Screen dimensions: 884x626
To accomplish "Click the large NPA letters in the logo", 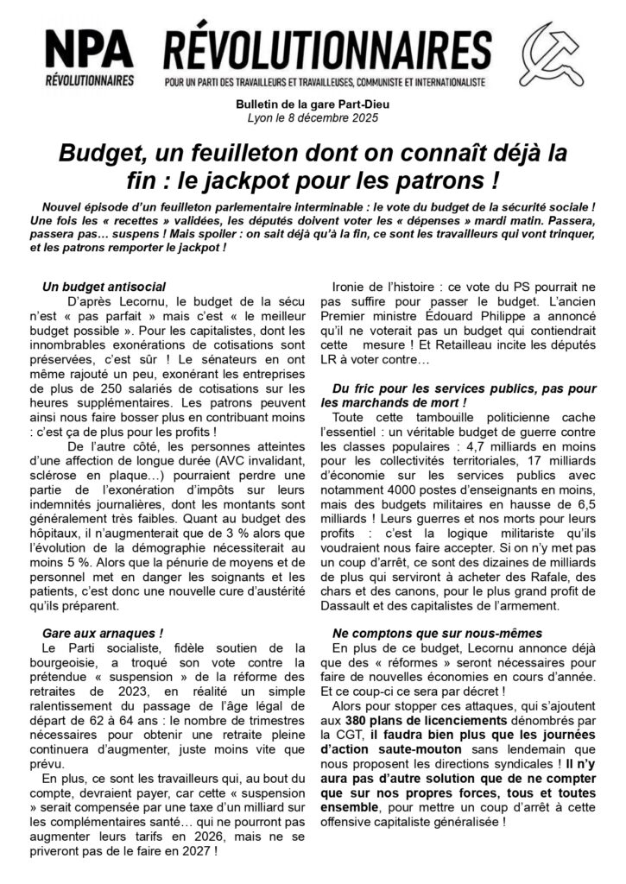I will (x=90, y=50).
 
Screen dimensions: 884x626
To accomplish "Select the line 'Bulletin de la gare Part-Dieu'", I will (x=313, y=104).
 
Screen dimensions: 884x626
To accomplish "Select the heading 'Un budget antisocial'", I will (x=104, y=287).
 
